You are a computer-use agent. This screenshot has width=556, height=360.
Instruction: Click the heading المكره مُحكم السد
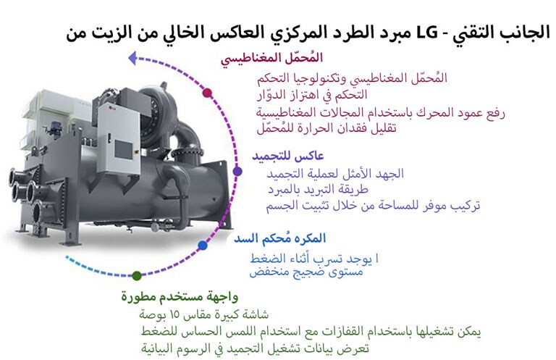click(280, 238)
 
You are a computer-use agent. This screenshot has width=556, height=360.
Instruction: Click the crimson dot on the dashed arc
click(208, 93)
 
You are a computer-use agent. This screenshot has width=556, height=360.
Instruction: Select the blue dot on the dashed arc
click(203, 246)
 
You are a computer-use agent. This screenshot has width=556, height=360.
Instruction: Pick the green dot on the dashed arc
click(136, 276)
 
